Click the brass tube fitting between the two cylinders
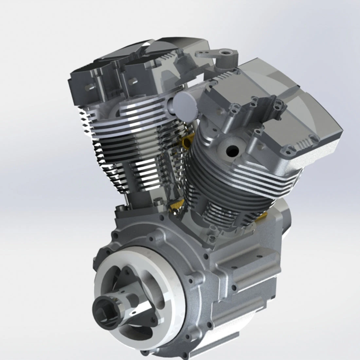coord(189,142)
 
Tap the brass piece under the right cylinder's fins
coord(263,215)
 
